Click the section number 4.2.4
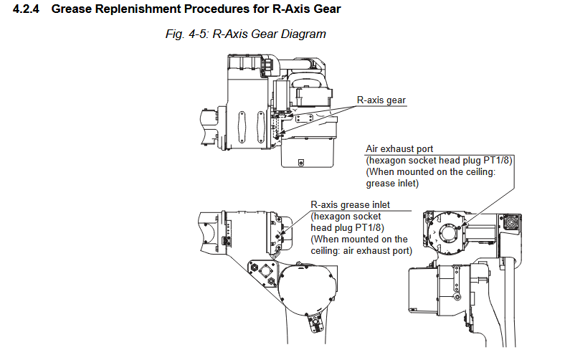coord(26,9)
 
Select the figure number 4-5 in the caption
coord(198,34)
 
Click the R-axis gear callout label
coord(381,100)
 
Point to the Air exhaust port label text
coord(399,148)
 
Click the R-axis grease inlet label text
coord(350,204)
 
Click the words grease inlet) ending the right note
coord(392,184)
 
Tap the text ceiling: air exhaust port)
coord(361,251)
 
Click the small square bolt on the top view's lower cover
coord(300,163)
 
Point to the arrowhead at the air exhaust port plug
coord(463,224)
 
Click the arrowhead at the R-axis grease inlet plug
coord(281,235)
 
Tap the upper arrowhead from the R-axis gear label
coord(289,116)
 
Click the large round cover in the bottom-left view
coord(307,289)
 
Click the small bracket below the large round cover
coord(315,323)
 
